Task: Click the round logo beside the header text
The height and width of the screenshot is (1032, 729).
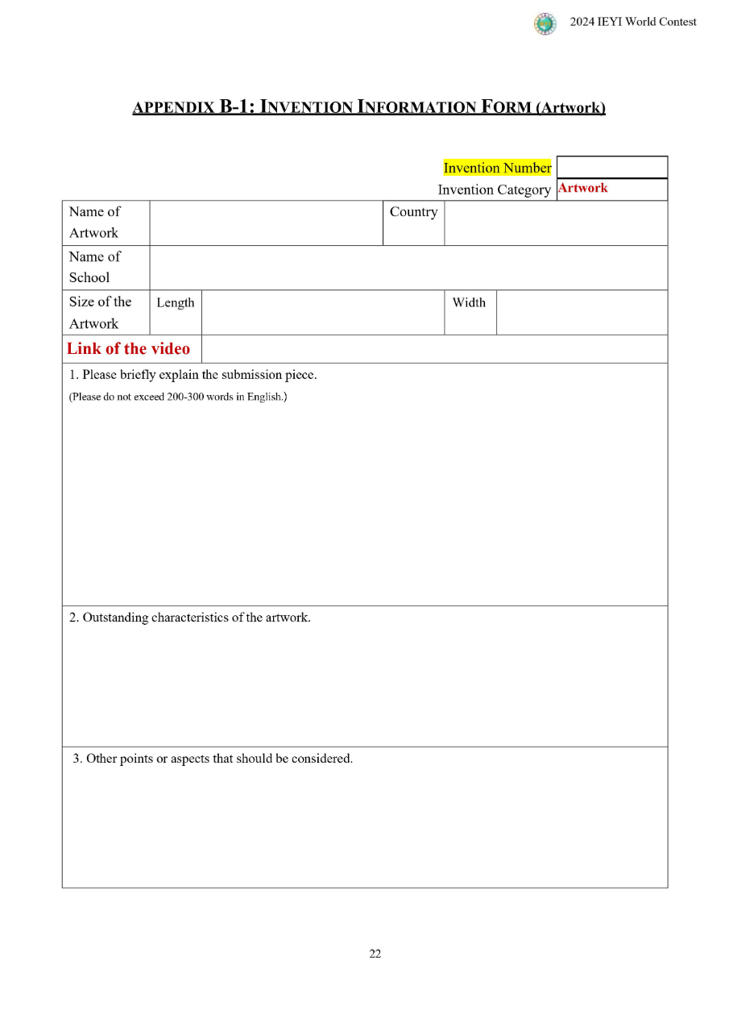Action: click(x=545, y=24)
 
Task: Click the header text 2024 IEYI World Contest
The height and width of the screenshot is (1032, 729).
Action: click(x=633, y=22)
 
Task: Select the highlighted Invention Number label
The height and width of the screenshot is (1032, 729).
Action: click(x=497, y=168)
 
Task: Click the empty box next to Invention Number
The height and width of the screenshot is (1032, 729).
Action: click(x=611, y=167)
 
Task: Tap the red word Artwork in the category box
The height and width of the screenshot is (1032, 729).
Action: click(x=582, y=188)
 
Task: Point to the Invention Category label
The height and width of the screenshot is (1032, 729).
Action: click(x=494, y=189)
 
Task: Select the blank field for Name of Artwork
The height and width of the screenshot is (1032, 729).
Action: click(x=265, y=223)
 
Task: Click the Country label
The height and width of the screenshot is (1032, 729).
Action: click(x=413, y=212)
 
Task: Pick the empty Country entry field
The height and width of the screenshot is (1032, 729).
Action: click(x=555, y=223)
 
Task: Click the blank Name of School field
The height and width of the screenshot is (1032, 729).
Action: click(x=408, y=267)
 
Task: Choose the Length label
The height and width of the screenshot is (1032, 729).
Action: click(x=176, y=302)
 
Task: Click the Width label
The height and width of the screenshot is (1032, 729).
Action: click(x=469, y=302)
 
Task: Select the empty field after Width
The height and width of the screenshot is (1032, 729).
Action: click(x=582, y=312)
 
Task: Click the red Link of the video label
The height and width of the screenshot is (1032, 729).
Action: click(x=129, y=348)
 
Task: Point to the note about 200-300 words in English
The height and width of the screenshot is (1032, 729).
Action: click(x=178, y=397)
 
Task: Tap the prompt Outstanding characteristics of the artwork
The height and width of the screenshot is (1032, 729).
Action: click(x=190, y=618)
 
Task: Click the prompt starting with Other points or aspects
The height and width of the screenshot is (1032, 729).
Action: click(x=213, y=759)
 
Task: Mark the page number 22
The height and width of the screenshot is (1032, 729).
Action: click(x=375, y=954)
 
